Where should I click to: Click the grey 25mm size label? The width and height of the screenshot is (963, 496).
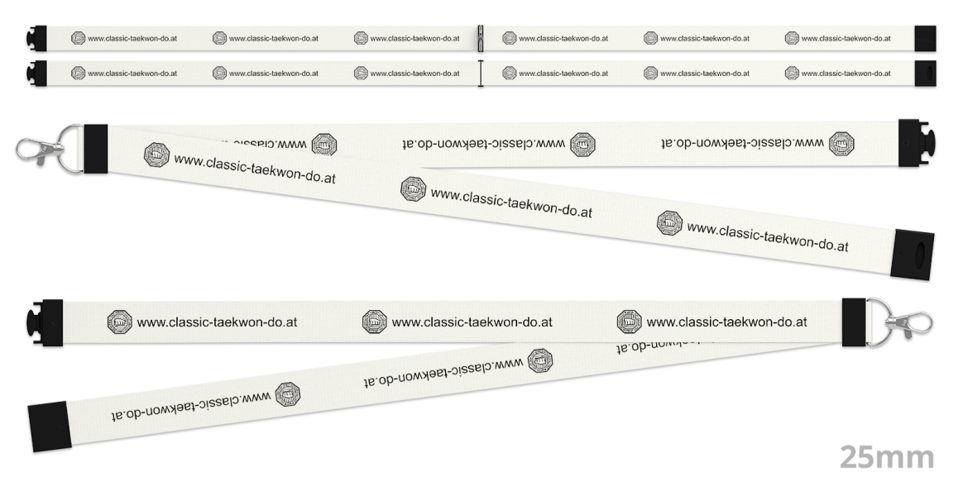(887, 456)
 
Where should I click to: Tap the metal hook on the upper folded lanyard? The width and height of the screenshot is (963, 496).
(36, 150)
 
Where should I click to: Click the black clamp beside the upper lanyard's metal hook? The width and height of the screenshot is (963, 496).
(95, 149)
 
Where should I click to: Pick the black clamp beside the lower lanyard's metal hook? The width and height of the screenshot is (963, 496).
(853, 322)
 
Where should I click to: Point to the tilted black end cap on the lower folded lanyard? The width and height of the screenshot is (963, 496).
(50, 426)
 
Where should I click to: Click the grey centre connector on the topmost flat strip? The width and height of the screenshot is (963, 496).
(480, 38)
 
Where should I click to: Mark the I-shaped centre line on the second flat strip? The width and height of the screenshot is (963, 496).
(480, 73)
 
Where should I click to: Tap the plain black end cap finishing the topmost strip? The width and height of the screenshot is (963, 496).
(925, 38)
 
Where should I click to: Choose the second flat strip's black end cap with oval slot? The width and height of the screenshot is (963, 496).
(925, 73)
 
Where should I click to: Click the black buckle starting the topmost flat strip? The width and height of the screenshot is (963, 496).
(36, 38)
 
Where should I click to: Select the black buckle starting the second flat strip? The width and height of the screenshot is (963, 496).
(36, 73)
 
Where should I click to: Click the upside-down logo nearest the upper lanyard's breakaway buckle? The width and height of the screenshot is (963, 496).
(842, 142)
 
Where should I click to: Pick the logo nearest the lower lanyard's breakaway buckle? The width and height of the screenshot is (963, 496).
(120, 322)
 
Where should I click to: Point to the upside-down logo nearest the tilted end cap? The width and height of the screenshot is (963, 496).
(287, 393)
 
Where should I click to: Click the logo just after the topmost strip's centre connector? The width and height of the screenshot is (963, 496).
(510, 38)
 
